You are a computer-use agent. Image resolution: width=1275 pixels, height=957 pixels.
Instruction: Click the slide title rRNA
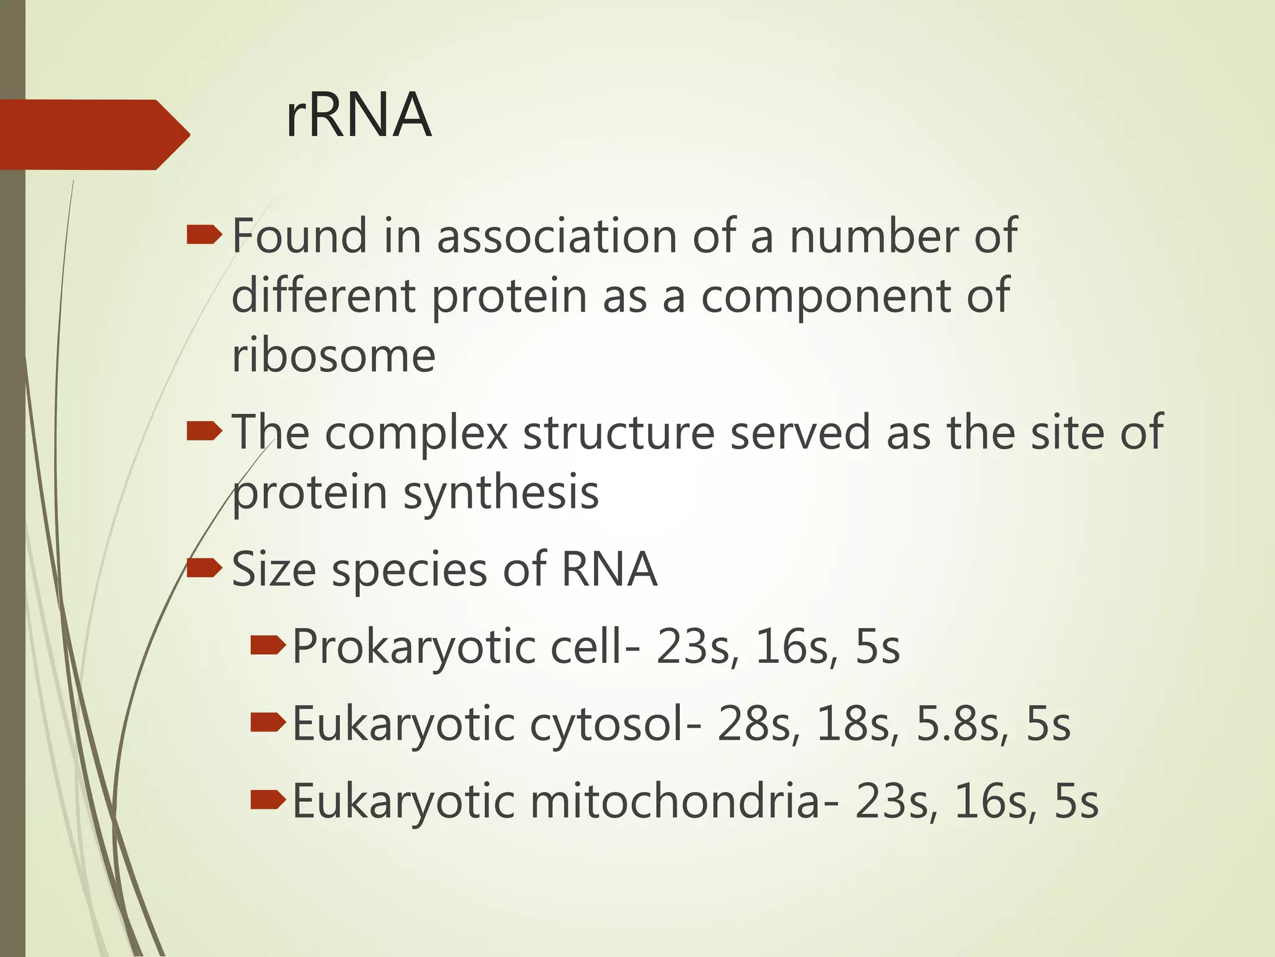pos(358,116)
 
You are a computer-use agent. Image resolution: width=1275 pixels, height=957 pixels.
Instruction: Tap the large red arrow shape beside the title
pos(93,135)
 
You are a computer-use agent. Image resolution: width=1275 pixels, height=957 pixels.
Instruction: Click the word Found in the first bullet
pos(299,237)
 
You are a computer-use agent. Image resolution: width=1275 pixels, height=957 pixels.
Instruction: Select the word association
pos(557,237)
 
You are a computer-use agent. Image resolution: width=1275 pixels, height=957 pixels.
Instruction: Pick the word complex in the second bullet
pos(416,433)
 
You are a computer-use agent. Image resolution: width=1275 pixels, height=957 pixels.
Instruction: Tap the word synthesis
pos(501,493)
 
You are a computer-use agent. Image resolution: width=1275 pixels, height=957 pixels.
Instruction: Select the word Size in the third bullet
pos(273,569)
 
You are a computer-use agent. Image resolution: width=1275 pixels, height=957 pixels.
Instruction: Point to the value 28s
pos(755,725)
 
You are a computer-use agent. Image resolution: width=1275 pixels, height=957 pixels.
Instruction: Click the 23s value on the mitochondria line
pos(892,802)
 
